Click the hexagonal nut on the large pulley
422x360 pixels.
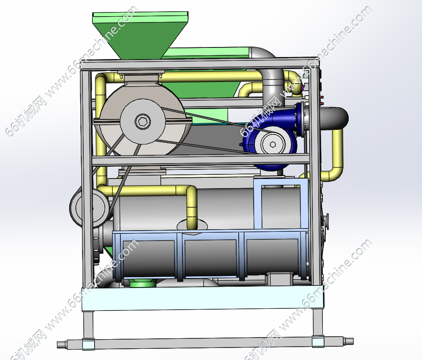142,122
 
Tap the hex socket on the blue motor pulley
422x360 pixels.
272,144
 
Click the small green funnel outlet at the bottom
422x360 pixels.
143,283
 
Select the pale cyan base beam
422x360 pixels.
202,298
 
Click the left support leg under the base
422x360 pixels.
88,325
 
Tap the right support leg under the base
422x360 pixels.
317,323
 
